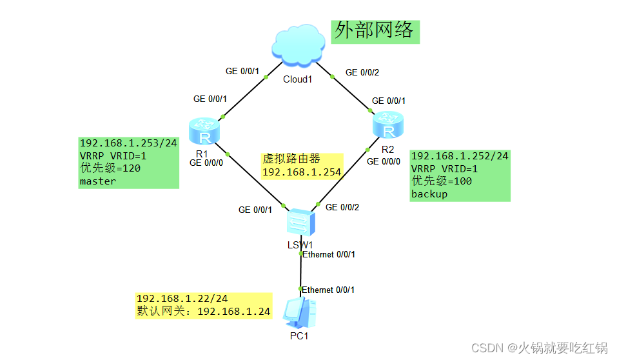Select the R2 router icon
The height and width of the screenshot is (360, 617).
tap(387, 125)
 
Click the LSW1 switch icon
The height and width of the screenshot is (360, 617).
tap(301, 223)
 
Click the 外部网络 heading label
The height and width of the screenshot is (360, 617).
tap(375, 30)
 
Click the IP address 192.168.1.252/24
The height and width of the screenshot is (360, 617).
tap(460, 156)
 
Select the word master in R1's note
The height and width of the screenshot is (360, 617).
tap(98, 181)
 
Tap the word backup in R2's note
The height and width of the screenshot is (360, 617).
tap(429, 194)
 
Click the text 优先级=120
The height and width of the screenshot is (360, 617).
tap(110, 168)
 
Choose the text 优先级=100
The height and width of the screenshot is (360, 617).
tap(442, 181)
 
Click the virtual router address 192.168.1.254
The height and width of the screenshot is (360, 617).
tap(301, 172)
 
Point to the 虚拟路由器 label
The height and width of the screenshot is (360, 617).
tap(291, 159)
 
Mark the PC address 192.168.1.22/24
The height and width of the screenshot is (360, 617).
tap(182, 299)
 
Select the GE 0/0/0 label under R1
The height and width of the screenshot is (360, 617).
tap(206, 163)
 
